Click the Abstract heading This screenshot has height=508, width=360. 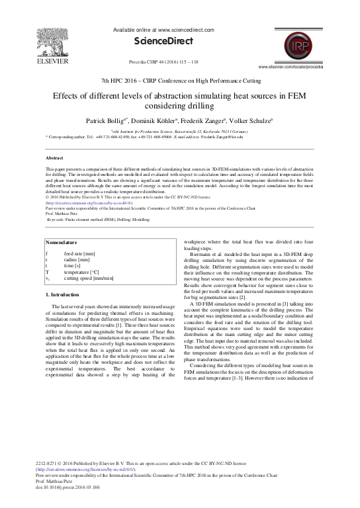pos(55,159)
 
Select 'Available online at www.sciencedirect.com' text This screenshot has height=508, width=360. pos(180,30)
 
